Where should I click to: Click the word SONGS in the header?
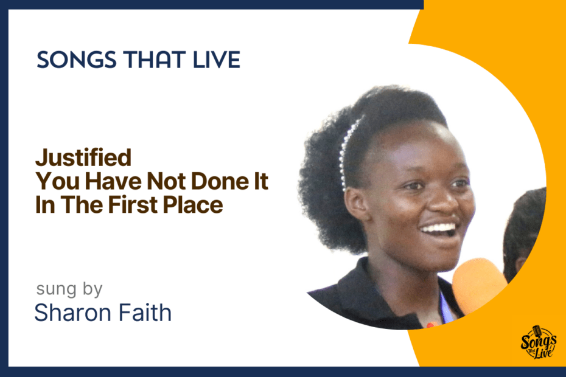pyautogui.click(x=77, y=60)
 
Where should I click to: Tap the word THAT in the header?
pyautogui.click(x=155, y=60)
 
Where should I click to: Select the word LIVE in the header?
pyautogui.click(x=217, y=60)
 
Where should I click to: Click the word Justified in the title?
pyautogui.click(x=83, y=158)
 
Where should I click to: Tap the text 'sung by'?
pyautogui.click(x=69, y=289)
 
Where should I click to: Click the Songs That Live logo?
pyautogui.click(x=538, y=342)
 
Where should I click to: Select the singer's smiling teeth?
pyautogui.click(x=438, y=229)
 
